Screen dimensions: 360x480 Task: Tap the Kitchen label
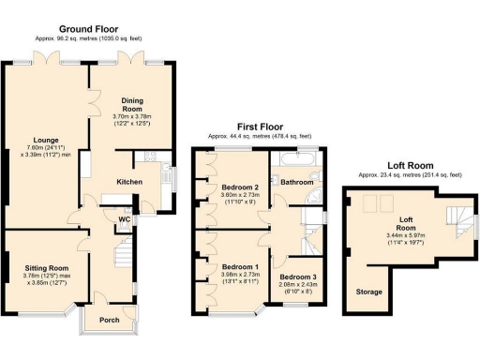click(128, 180)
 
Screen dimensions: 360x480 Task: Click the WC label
click(124, 220)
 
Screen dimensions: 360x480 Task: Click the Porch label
click(109, 319)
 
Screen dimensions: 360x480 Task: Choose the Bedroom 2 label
click(240, 187)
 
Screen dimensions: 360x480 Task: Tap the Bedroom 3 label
click(298, 277)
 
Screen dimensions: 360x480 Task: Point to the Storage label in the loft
click(368, 292)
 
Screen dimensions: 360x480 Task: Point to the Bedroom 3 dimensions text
click(298, 292)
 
